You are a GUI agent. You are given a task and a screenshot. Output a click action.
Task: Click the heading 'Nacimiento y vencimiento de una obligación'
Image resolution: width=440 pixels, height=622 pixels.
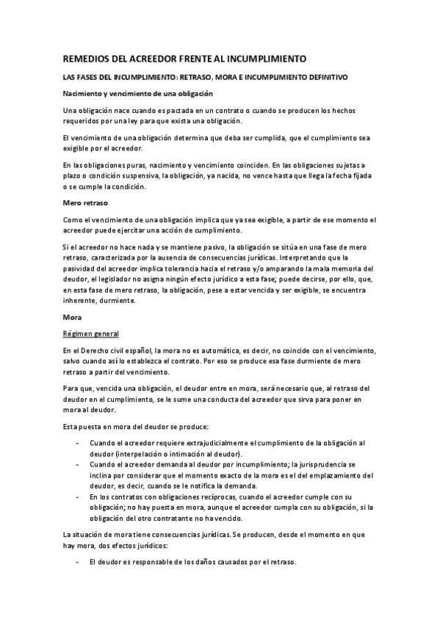[137, 93]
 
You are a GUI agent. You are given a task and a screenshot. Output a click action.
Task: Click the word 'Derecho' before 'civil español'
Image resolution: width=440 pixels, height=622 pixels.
[94, 351]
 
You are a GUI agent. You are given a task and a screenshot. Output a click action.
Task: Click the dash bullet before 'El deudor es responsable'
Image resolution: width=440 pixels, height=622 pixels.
[78, 562]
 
